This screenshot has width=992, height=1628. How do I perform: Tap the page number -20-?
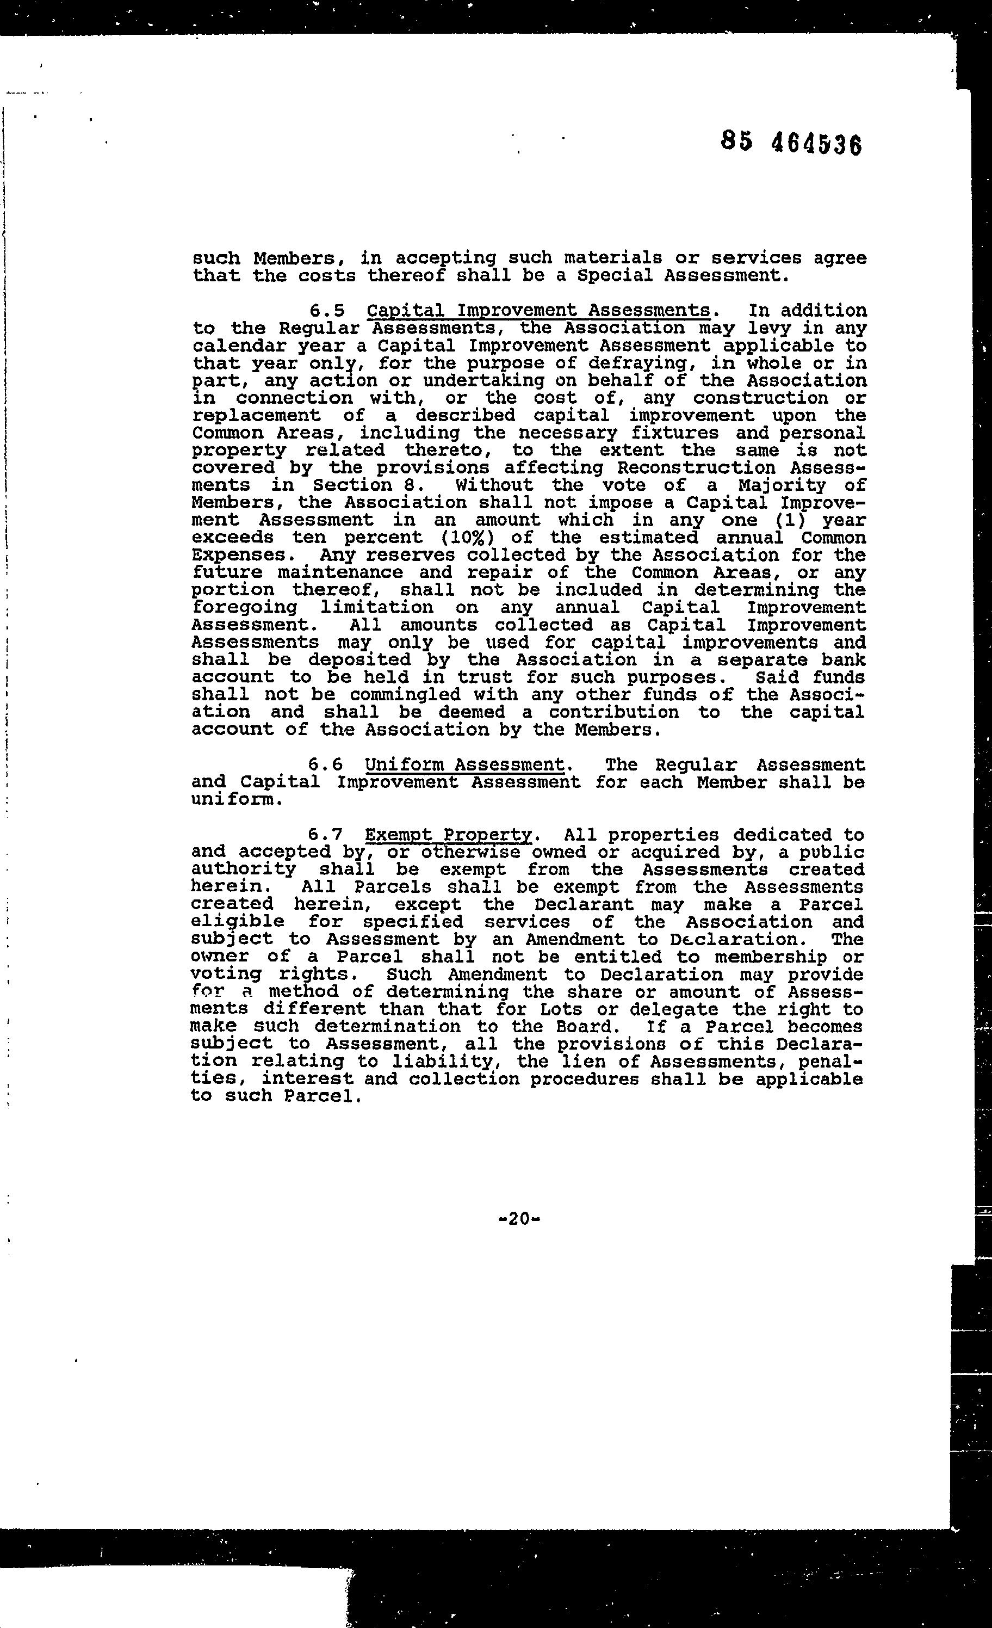(x=519, y=1218)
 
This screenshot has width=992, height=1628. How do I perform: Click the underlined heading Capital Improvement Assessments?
(x=538, y=311)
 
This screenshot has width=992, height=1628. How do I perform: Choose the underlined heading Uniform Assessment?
(x=464, y=764)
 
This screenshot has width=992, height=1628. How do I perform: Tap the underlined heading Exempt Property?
(x=449, y=835)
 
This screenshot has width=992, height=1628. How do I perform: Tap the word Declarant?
(x=584, y=904)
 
